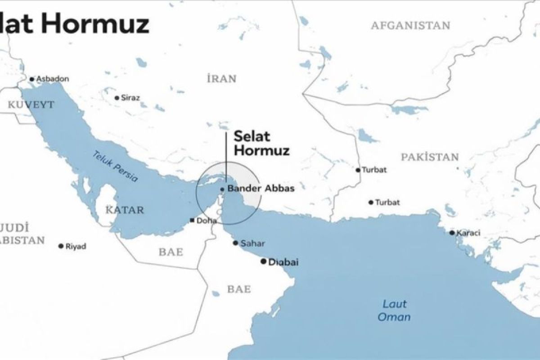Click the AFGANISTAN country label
[410, 26]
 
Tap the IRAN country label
[221, 79]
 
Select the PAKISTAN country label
[430, 157]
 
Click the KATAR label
[125, 210]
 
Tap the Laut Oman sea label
[394, 310]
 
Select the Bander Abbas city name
[261, 189]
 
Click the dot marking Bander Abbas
[222, 189]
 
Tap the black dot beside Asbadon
[31, 79]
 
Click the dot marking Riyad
[61, 246]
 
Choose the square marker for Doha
[192, 220]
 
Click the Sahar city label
[252, 243]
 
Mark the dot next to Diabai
[264, 261]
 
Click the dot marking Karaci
[452, 233]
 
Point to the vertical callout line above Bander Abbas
[226, 157]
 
